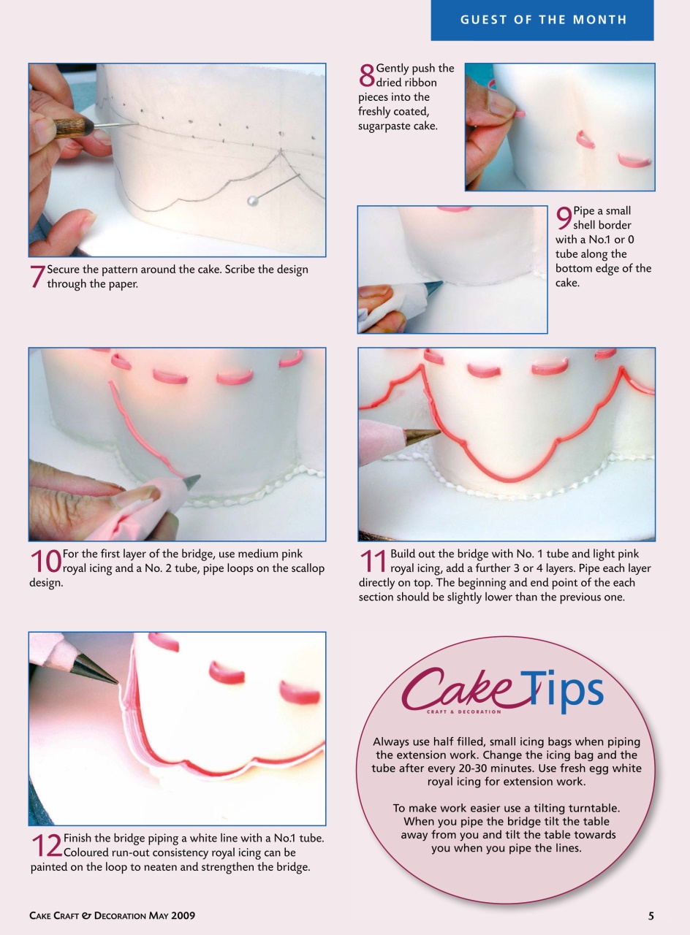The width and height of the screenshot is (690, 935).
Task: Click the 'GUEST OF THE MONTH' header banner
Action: (543, 20)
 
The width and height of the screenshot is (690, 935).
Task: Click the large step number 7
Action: (37, 277)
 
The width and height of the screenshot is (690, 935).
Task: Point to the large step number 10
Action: (45, 562)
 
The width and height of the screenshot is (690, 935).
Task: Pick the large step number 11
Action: (373, 562)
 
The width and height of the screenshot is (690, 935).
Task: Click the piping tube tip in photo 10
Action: (192, 481)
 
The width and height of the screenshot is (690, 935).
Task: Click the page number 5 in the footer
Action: (650, 915)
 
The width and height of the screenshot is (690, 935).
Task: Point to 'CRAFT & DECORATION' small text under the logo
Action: (464, 711)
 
